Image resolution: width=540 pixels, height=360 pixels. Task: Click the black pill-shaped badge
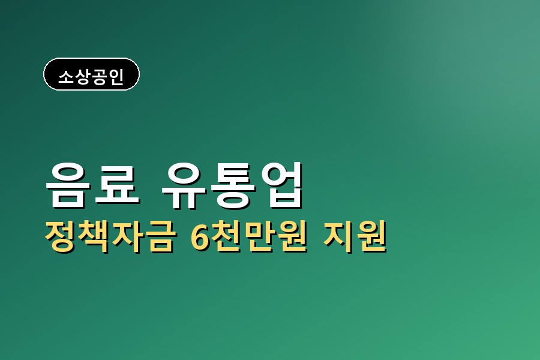click(91, 74)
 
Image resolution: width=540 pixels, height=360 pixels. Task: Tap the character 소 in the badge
click(65, 76)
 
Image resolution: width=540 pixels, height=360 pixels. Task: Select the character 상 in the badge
click(82, 76)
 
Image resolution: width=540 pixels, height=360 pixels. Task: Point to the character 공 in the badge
click(99, 76)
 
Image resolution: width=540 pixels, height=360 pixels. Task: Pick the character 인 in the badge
click(116, 76)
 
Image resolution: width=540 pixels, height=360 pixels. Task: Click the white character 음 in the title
click(66, 184)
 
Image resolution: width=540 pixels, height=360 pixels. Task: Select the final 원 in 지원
click(371, 237)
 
